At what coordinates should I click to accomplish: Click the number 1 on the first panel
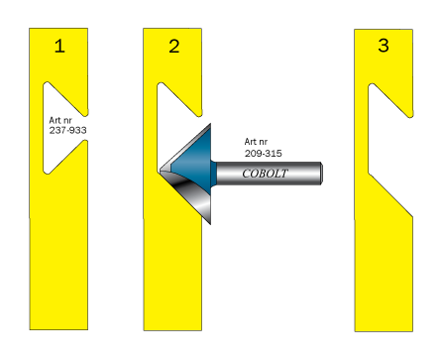(59, 46)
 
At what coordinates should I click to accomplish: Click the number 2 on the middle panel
(174, 47)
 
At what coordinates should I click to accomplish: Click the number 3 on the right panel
(384, 46)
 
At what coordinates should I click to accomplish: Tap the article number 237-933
(68, 130)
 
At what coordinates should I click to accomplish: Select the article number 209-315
(264, 154)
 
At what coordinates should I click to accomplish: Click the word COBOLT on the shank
(265, 174)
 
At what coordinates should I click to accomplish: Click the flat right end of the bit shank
(321, 174)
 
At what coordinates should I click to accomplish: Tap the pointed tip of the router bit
(160, 172)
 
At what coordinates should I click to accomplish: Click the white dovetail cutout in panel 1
(62, 128)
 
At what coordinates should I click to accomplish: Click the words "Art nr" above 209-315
(256, 142)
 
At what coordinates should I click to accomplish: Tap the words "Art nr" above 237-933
(60, 120)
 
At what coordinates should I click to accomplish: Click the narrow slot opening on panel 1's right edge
(85, 128)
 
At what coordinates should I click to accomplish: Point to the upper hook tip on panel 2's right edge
(199, 114)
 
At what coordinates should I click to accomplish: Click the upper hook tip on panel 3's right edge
(410, 115)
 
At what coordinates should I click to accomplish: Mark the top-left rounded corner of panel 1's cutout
(46, 84)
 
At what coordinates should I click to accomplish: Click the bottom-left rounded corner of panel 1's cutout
(46, 172)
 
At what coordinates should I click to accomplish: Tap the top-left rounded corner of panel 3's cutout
(371, 86)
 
